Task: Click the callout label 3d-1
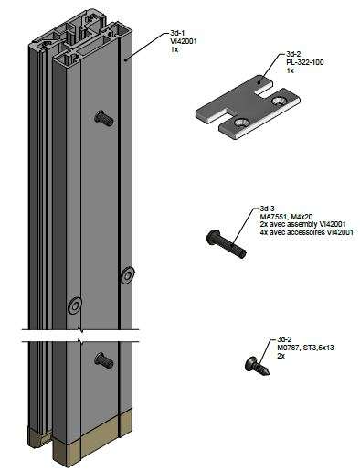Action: pos(176,33)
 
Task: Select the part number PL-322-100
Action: pos(305,62)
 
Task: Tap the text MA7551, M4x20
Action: pos(286,217)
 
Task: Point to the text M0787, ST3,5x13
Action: pos(305,348)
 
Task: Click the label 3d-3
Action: pos(267,209)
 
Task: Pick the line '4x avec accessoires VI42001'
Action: pos(307,232)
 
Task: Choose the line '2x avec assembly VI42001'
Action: pos(302,225)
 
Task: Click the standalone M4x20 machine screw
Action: pos(227,243)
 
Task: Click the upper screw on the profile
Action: pos(104,118)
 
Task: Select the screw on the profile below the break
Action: pos(104,360)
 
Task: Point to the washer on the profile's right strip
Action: pos(126,275)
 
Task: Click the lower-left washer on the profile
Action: pos(74,305)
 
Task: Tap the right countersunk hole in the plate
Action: pos(279,101)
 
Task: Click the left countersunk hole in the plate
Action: pos(241,123)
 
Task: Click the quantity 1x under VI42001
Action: pos(175,49)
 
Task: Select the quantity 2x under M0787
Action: pos(281,356)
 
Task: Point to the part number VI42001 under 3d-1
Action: pos(184,41)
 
